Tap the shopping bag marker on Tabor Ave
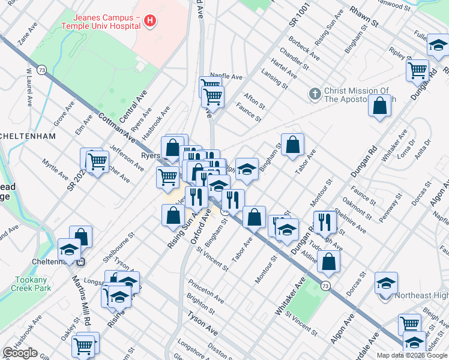(292, 145)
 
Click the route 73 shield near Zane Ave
(41, 70)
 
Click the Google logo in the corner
(20, 353)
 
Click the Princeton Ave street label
(205, 290)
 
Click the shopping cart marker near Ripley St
(417, 69)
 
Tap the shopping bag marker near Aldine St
(329, 261)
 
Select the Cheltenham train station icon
(83, 262)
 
